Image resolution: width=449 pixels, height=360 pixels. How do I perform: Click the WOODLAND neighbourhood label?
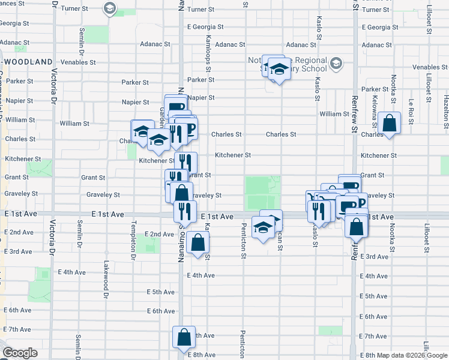click(27, 61)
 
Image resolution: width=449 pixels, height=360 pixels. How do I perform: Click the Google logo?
click(19, 353)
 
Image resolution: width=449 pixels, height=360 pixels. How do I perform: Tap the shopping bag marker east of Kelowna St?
click(389, 124)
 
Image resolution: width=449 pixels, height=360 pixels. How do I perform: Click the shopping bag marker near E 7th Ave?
click(184, 337)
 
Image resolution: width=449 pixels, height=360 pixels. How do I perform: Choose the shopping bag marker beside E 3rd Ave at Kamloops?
click(197, 243)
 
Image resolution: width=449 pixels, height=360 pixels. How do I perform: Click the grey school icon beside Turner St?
click(109, 8)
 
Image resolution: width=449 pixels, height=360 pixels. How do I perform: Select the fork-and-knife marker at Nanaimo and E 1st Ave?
click(185, 211)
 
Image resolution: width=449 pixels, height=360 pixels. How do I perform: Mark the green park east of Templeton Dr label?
click(147, 244)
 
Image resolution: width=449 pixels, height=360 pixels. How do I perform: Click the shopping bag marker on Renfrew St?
click(357, 227)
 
